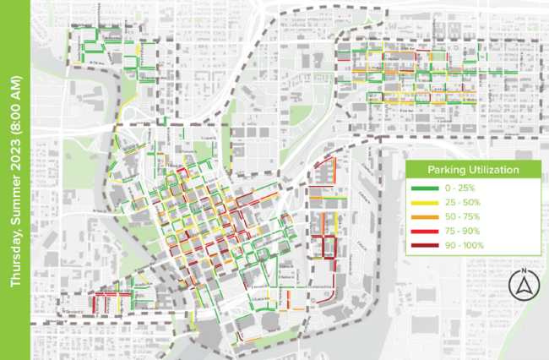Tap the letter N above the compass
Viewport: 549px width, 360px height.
524,271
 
